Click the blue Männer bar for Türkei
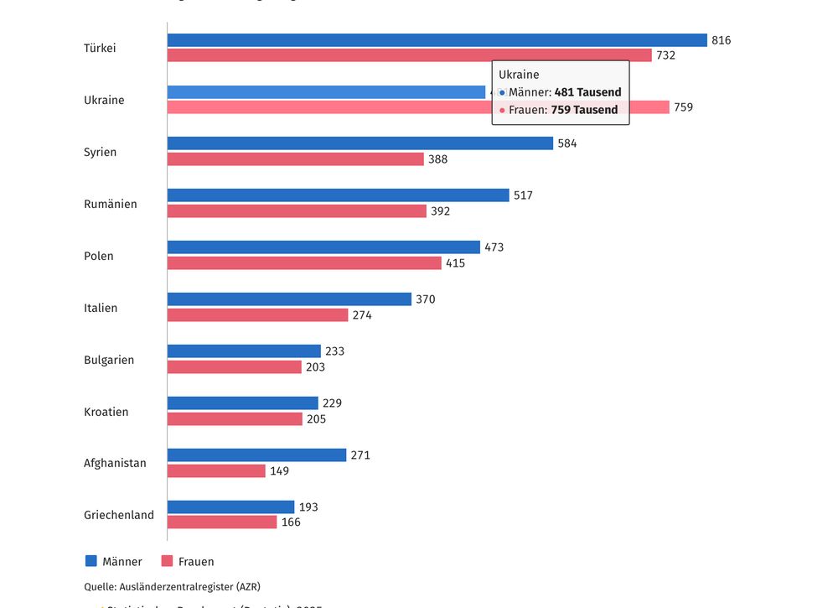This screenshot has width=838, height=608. tap(437, 40)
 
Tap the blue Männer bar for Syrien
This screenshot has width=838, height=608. tap(360, 143)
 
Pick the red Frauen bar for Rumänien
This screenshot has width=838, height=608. tap(297, 211)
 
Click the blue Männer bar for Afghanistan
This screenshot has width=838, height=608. tap(256, 455)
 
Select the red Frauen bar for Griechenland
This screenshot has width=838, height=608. tap(222, 522)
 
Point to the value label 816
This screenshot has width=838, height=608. tap(721, 40)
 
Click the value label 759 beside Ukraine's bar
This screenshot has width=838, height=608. tap(683, 107)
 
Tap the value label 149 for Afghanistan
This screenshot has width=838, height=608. tap(279, 471)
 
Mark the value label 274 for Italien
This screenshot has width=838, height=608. tap(362, 315)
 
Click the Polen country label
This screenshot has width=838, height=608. tap(99, 256)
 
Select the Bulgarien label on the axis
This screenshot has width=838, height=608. tap(109, 360)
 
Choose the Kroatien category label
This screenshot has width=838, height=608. tap(106, 412)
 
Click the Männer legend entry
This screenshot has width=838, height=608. tap(114, 562)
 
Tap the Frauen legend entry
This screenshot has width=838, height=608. tap(188, 562)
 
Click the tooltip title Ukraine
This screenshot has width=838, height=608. tap(519, 75)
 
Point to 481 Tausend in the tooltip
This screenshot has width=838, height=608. tap(587, 92)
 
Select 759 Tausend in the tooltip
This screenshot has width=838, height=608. tap(584, 110)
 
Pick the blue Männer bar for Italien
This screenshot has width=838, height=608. tap(289, 299)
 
